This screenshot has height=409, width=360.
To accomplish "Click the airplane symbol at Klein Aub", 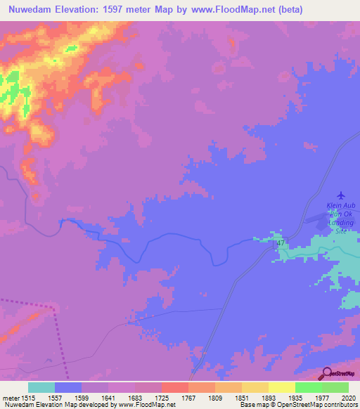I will tap(342, 195).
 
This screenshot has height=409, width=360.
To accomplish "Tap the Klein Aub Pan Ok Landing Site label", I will tap(341, 217).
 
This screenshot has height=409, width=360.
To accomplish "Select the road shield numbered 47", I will tap(281, 243).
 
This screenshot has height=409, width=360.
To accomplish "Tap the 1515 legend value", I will tap(28, 398).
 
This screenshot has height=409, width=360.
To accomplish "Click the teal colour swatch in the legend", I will tap(41, 387).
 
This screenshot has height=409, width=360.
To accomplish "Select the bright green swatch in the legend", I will tap(309, 387).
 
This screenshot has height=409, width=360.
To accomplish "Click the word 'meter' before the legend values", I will tap(10, 398).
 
